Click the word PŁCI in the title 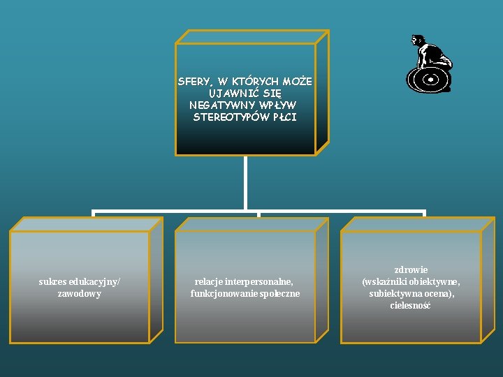click(x=285, y=117)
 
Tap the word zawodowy click(x=80, y=294)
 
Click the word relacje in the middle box click(x=209, y=281)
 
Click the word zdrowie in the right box click(x=411, y=269)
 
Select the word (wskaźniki click(x=384, y=281)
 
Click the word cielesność click(x=411, y=306)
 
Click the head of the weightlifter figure click(x=416, y=40)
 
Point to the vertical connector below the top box click(x=245, y=182)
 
